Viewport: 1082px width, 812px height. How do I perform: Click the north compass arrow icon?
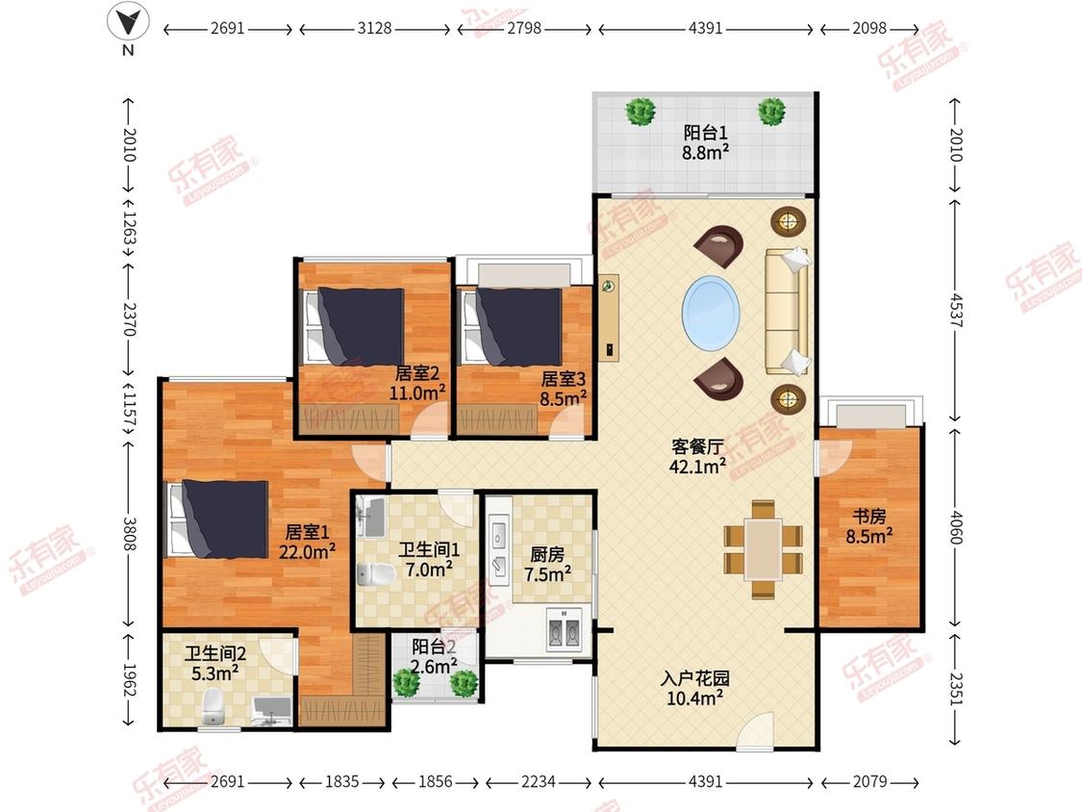click(128, 21)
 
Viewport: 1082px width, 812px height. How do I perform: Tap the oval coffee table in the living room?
click(711, 313)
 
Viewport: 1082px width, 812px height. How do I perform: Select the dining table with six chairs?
click(763, 549)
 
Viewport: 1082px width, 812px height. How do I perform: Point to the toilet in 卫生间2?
click(214, 709)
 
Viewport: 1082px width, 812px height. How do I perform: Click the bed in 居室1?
click(218, 520)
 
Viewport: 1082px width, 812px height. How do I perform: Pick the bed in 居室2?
click(354, 326)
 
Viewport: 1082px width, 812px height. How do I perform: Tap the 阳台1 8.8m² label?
click(705, 142)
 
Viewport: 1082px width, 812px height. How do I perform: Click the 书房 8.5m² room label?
click(868, 526)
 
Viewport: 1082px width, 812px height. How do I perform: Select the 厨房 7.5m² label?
click(547, 564)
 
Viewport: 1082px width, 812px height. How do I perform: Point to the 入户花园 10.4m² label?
click(694, 689)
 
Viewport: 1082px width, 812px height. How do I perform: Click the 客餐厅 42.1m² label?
click(697, 456)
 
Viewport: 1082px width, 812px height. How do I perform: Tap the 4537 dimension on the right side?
click(955, 311)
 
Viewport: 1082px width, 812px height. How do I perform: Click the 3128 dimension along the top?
click(375, 28)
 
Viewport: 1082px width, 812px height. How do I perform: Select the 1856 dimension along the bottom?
click(436, 781)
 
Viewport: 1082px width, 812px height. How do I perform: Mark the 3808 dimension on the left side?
click(129, 534)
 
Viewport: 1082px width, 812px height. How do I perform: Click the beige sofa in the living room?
click(786, 312)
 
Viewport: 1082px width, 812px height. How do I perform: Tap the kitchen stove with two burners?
click(565, 629)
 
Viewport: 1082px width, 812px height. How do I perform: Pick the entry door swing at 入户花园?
click(755, 730)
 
